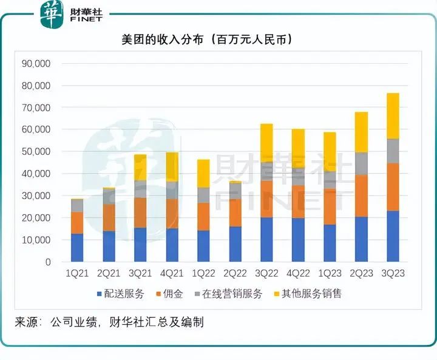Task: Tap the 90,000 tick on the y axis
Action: [37, 63]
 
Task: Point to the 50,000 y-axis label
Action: [37, 152]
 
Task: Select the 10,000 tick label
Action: [37, 240]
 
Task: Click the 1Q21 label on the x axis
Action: [77, 274]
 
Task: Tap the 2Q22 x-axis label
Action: [235, 274]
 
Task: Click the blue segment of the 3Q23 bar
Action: [393, 236]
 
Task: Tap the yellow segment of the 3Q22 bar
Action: [266, 143]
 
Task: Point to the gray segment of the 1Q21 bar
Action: [77, 205]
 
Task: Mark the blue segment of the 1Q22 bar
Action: [203, 246]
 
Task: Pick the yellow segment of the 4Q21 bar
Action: [172, 167]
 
